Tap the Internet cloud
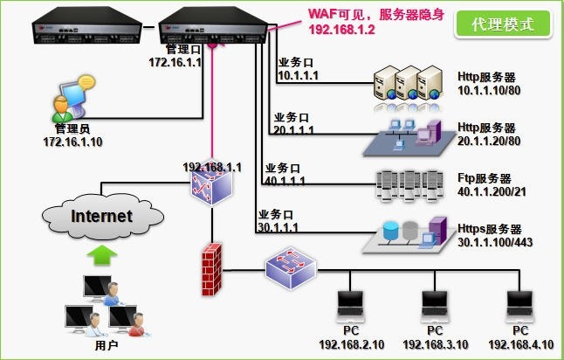click(101, 215)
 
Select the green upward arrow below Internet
click(103, 255)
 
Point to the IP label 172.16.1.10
click(71, 141)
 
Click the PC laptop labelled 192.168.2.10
click(351, 306)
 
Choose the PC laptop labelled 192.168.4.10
click(520, 306)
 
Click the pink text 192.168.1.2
click(341, 29)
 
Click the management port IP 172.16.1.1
click(175, 63)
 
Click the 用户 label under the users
click(106, 346)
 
